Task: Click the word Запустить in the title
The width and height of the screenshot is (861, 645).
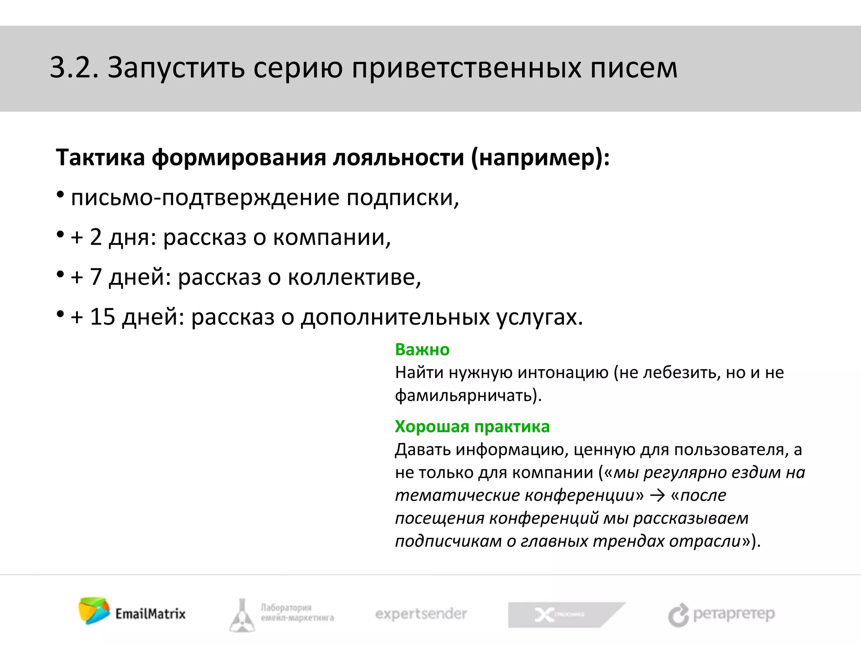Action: pyautogui.click(x=176, y=68)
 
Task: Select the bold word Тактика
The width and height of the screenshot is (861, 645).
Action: pyautogui.click(x=100, y=158)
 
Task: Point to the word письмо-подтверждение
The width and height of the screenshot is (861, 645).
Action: pyautogui.click(x=205, y=198)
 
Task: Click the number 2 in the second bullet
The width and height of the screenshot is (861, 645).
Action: pyautogui.click(x=96, y=237)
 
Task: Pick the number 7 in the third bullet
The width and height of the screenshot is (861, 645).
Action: pyautogui.click(x=96, y=277)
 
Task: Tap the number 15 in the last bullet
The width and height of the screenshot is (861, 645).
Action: pyautogui.click(x=102, y=317)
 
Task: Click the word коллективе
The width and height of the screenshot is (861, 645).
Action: pyautogui.click(x=354, y=278)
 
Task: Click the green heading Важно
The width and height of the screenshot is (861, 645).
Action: pyautogui.click(x=422, y=350)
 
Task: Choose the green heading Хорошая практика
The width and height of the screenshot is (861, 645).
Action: pyautogui.click(x=472, y=427)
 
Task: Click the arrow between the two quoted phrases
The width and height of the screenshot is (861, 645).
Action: pyautogui.click(x=657, y=496)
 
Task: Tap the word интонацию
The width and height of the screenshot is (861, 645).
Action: pyautogui.click(x=563, y=372)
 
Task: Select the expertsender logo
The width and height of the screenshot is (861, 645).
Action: pyautogui.click(x=421, y=614)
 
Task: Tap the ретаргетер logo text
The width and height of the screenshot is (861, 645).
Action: pyautogui.click(x=734, y=614)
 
